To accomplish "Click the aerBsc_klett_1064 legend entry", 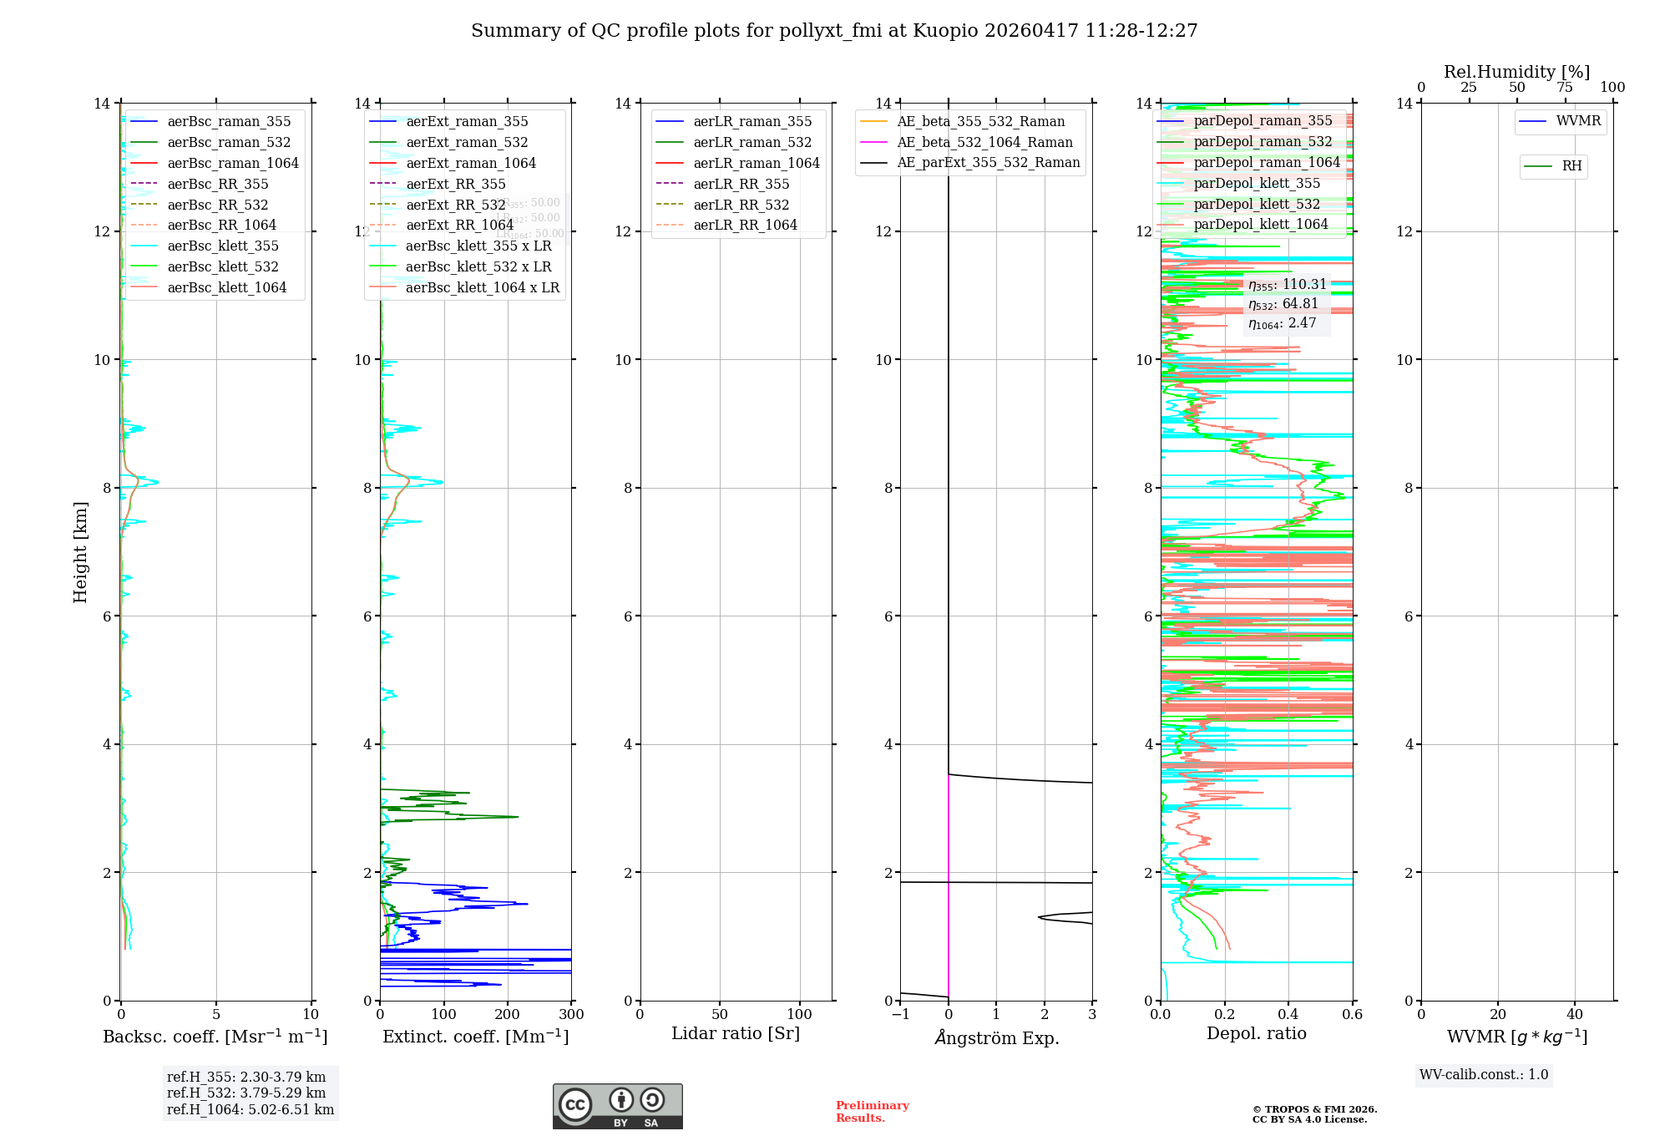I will click(226, 287).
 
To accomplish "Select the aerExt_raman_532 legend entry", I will click(467, 143).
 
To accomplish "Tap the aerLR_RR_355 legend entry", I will click(741, 184).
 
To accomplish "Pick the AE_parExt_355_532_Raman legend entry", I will click(988, 163).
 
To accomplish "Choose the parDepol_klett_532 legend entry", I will click(1257, 204).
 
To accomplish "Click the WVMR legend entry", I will click(1578, 121).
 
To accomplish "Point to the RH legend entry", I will click(1571, 166).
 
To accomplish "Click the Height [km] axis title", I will click(80, 552).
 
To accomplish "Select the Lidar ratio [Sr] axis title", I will click(736, 1033).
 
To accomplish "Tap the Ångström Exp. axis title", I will click(996, 1037).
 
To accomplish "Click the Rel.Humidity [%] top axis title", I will click(1516, 72).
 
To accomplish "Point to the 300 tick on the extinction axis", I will click(572, 1015).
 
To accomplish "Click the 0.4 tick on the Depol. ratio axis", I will click(1288, 1015).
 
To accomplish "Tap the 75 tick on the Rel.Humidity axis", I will click(1565, 88).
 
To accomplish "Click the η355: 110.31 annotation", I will click(1287, 285).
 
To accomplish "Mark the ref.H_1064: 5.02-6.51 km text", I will click(250, 1110).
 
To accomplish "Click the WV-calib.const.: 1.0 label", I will click(1484, 1075).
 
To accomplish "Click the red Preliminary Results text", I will click(872, 1112).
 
